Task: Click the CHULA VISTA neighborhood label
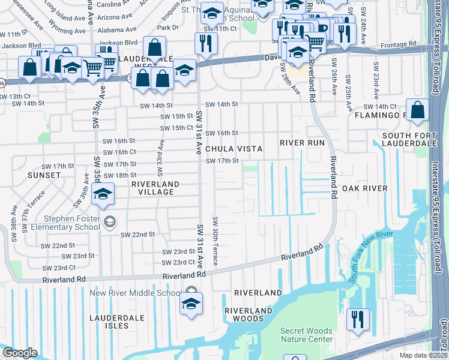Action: coord(234,148)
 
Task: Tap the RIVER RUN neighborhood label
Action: coord(302,143)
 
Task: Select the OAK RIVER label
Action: coord(365,188)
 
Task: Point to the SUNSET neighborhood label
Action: coord(43,175)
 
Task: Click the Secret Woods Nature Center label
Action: coord(307,335)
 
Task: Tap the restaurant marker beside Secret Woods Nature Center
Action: coord(358,319)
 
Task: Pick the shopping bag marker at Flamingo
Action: coord(418,110)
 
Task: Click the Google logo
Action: coord(20,353)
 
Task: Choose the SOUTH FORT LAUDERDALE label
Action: coord(409,139)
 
